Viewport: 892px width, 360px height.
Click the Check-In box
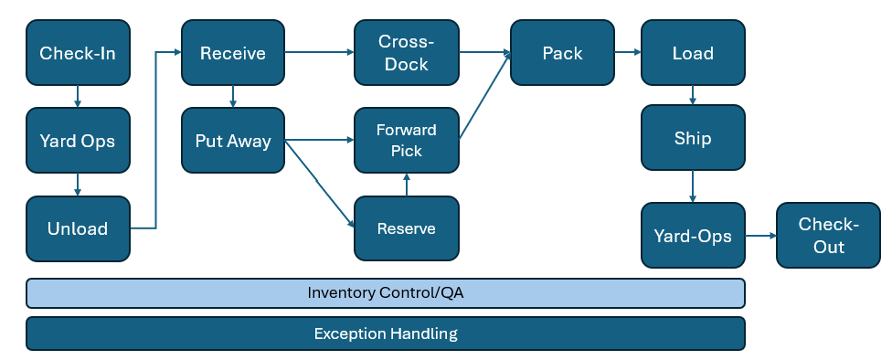point(78,53)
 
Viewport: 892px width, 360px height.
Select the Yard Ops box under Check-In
point(78,141)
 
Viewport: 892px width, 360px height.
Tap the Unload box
point(78,228)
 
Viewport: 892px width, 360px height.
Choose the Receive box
point(233,53)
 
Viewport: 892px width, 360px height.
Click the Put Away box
point(233,141)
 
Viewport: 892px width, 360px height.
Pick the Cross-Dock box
point(406,53)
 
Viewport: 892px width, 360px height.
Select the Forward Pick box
point(406,141)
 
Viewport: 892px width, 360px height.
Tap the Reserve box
point(406,228)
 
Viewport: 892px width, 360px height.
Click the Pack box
point(562,53)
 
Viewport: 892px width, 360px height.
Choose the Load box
point(693,53)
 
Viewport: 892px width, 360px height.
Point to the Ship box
point(693,139)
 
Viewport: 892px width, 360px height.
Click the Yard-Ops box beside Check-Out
point(693,236)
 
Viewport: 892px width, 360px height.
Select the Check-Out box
point(828,236)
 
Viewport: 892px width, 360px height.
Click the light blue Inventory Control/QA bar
point(385,293)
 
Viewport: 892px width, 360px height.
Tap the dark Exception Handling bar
point(385,334)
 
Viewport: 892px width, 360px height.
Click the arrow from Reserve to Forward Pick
point(407,185)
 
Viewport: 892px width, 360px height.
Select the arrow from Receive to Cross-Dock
point(320,53)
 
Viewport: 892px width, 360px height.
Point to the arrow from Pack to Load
point(628,53)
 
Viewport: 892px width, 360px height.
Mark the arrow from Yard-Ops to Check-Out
point(760,236)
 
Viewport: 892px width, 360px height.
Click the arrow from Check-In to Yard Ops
point(78,96)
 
